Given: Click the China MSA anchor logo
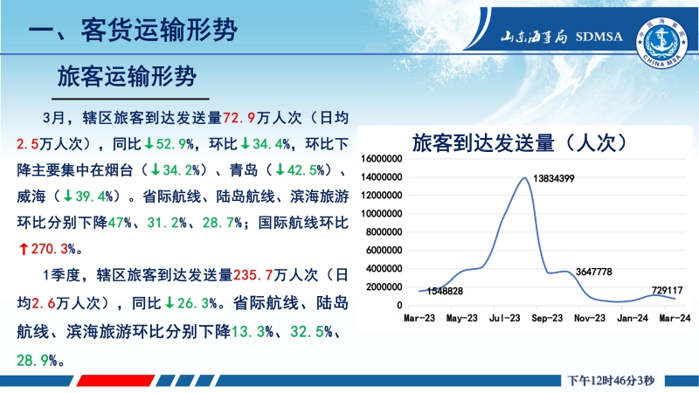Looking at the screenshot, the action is tap(661, 43).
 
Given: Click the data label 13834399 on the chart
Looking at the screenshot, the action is tap(554, 179).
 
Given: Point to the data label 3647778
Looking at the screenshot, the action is tap(594, 272).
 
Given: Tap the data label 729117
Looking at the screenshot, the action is tap(667, 290).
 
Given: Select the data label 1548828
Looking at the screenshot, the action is tap(445, 292).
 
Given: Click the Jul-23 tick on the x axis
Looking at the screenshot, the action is tap(505, 318).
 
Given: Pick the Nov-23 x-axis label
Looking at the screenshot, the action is tap(590, 318).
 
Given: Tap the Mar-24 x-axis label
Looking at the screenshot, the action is tap(675, 318).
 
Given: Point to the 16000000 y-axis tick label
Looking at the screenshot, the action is tap(382, 159).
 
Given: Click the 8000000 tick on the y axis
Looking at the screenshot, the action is tap(384, 232).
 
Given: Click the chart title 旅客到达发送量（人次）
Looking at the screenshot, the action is tap(519, 143).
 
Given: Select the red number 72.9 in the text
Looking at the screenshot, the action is tap(239, 118).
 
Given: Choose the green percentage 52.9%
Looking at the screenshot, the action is tap(170, 144).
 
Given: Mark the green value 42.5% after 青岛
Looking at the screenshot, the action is tap(300, 169).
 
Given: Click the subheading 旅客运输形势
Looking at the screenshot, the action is tap(127, 76).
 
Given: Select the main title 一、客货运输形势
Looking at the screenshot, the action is tap(133, 31).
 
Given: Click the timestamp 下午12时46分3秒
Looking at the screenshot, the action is tap(611, 381).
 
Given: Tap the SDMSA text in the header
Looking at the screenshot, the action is tap(599, 37).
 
